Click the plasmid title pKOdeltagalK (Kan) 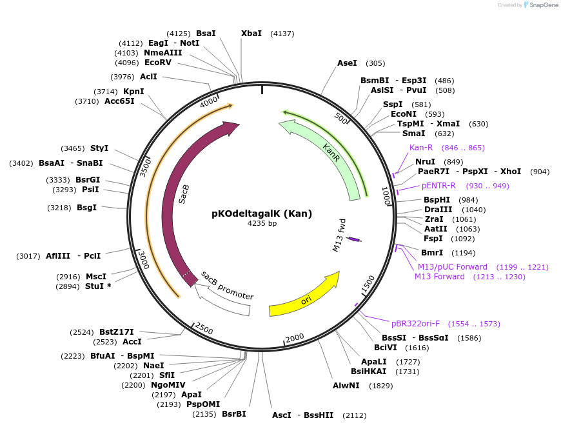coord(261,213)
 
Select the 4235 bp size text coord(261,224)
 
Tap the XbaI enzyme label coord(251,33)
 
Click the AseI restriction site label coord(347,63)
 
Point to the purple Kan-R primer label coord(421,148)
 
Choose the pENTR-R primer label coord(438,186)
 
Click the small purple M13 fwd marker coord(353,239)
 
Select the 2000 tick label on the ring coord(295,337)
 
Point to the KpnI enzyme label coord(133,92)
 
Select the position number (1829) coord(380,386)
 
